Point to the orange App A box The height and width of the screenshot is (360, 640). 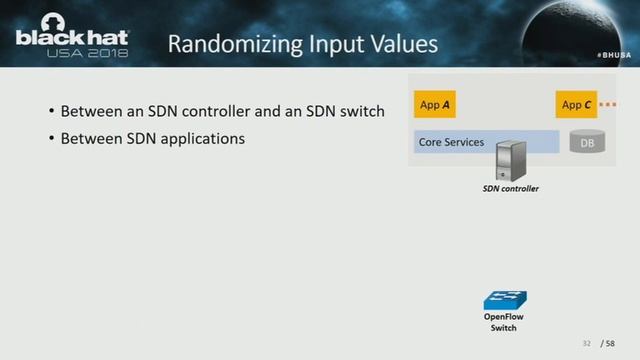pyautogui.click(x=441, y=104)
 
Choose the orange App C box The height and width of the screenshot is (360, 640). pyautogui.click(x=577, y=104)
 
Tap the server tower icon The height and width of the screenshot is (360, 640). pyautogui.click(x=512, y=157)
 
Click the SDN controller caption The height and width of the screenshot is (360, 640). pyautogui.click(x=510, y=188)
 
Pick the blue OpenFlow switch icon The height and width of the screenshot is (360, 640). pyautogui.click(x=504, y=299)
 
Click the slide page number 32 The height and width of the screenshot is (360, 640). pyautogui.click(x=587, y=343)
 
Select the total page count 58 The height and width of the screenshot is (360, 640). pyautogui.click(x=610, y=343)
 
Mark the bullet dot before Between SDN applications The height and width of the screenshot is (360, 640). pyautogui.click(x=51, y=139)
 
